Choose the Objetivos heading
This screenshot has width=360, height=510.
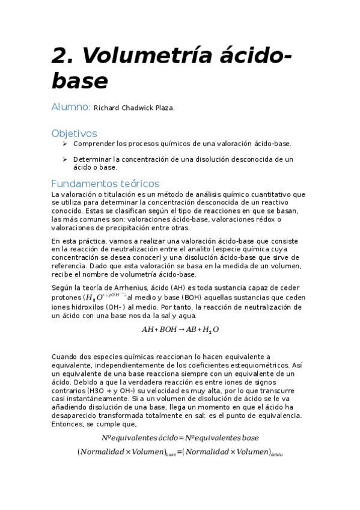click(74, 133)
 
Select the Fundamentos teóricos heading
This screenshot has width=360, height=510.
click(105, 183)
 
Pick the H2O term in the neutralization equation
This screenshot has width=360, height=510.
click(210, 330)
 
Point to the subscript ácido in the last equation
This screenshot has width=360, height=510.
click(276, 454)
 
